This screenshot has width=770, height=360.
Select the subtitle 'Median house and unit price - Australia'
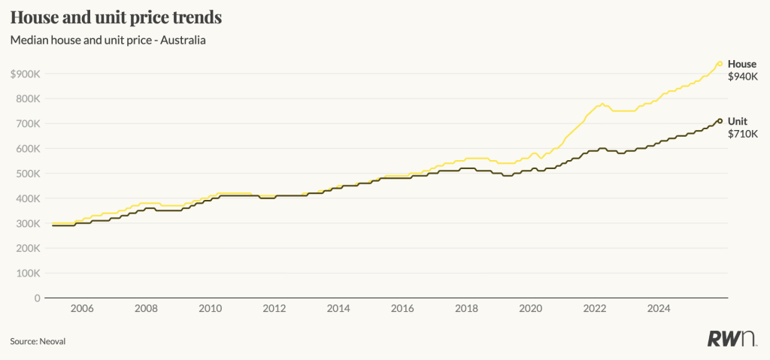pyautogui.click(x=108, y=40)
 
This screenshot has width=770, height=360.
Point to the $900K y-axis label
pyautogui.click(x=26, y=74)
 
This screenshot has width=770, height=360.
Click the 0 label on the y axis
pyautogui.click(x=37, y=298)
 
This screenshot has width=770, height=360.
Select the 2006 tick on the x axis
pyautogui.click(x=81, y=308)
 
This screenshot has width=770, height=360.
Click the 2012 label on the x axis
pyautogui.click(x=274, y=308)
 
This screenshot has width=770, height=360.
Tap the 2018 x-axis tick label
pyautogui.click(x=467, y=308)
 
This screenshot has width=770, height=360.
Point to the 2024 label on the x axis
pyautogui.click(x=659, y=308)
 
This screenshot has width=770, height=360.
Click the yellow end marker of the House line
pyautogui.click(x=720, y=64)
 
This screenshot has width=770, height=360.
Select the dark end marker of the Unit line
pyautogui.click(x=720, y=121)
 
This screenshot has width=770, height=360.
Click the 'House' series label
pyautogui.click(x=742, y=65)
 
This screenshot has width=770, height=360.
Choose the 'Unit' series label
pyautogui.click(x=738, y=121)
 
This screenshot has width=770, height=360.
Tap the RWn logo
pyautogui.click(x=732, y=339)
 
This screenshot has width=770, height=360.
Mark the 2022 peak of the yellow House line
pyautogui.click(x=602, y=104)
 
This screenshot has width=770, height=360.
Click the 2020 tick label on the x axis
pyautogui.click(x=531, y=308)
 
